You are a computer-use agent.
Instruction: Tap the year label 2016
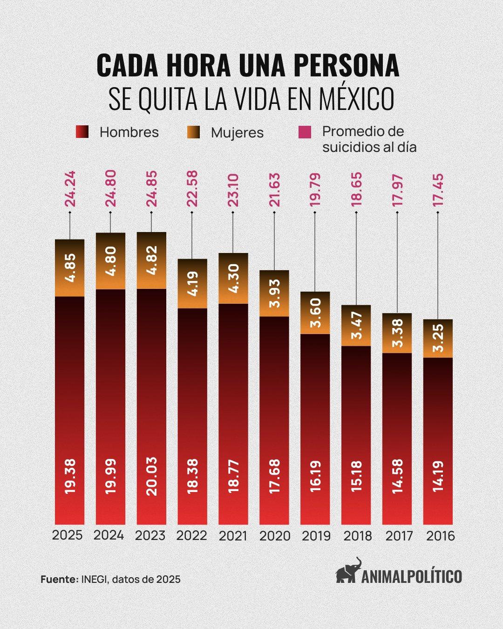click(441, 536)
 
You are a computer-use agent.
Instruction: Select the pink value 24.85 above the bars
click(151, 189)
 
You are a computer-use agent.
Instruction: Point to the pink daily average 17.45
click(438, 191)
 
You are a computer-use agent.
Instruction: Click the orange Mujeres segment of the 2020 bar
click(274, 293)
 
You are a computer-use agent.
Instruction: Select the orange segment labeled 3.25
click(438, 338)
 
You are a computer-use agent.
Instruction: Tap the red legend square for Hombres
click(82, 132)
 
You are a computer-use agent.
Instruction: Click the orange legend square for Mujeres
click(193, 132)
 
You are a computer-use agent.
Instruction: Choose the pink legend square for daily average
click(305, 132)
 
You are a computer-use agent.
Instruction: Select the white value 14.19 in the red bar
click(438, 477)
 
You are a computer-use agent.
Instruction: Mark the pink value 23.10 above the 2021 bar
click(233, 190)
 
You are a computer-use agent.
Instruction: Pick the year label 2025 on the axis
click(68, 535)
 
